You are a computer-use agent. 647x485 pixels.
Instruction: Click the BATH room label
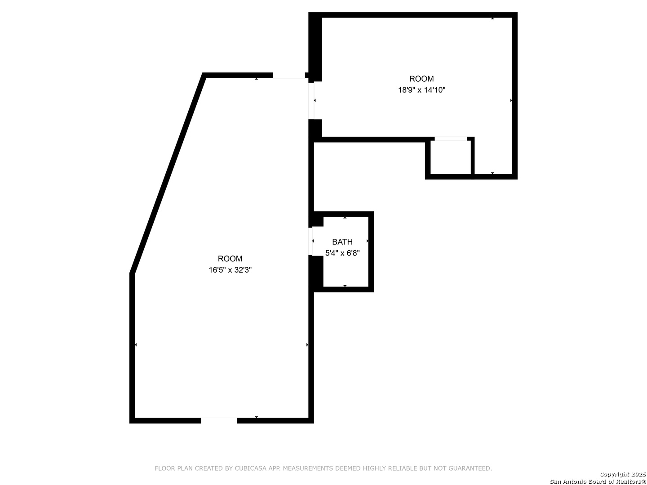(x=342, y=242)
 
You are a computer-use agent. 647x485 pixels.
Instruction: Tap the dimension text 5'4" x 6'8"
(x=342, y=253)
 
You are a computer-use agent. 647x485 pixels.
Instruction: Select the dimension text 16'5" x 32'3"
(x=230, y=270)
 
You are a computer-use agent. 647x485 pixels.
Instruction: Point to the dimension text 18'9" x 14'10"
(x=421, y=90)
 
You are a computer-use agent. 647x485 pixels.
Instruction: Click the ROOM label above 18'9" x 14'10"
(x=421, y=79)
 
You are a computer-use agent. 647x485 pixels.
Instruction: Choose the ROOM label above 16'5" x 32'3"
(x=230, y=259)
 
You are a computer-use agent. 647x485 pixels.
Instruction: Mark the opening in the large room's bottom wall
(x=219, y=420)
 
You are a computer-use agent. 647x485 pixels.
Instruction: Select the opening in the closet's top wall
(x=451, y=139)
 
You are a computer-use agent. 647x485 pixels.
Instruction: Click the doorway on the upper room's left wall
(x=311, y=101)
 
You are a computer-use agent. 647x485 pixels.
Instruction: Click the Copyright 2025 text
(x=623, y=474)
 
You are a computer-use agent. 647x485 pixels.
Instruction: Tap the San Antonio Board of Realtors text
(x=598, y=481)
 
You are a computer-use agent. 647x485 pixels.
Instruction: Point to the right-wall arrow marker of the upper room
(x=511, y=101)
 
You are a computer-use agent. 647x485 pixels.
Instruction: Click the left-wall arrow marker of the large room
(x=136, y=345)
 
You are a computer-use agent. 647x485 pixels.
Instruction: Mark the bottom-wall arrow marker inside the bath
(x=345, y=286)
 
